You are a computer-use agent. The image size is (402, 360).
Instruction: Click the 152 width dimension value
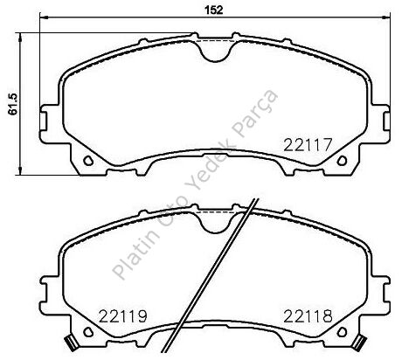coord(214,10)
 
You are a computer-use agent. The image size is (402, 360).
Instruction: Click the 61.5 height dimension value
coord(13,104)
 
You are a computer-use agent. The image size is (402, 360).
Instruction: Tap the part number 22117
coord(308,145)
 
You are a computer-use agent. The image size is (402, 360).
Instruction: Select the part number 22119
coord(123,316)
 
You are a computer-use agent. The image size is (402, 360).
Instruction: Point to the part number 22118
coord(308,316)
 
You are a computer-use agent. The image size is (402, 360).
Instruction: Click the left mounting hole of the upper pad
coord(88,161)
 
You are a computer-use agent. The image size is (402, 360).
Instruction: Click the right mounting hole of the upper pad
coord(342,161)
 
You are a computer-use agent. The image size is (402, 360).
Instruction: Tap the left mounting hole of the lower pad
coord(88,332)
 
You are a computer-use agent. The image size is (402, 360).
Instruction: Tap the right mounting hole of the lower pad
coord(342,332)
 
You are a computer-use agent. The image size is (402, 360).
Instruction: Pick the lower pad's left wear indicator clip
coord(71,342)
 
